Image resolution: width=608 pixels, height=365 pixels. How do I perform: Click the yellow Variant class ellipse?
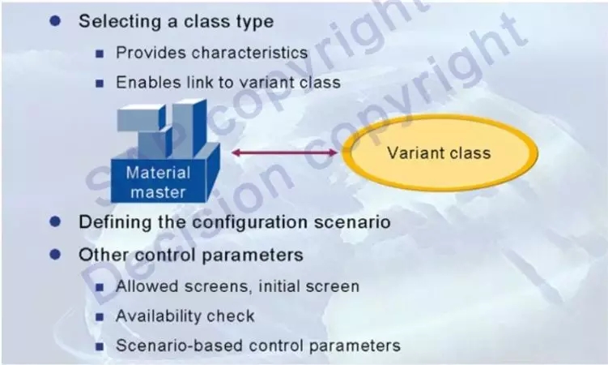[x=440, y=152]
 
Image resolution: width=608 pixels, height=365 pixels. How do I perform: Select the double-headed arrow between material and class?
[x=285, y=152]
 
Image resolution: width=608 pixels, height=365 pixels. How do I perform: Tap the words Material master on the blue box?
[x=158, y=182]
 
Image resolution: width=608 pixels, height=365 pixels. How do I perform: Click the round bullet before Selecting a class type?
[x=55, y=20]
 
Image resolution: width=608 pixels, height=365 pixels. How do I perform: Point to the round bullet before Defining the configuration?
[x=55, y=221]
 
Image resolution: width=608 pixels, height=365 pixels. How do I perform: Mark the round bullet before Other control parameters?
[x=55, y=255]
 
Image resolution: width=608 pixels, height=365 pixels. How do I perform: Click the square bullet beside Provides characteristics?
[x=100, y=54]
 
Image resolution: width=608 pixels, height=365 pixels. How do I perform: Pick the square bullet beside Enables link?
[x=100, y=83]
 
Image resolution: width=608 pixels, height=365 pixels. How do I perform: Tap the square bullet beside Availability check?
[x=100, y=317]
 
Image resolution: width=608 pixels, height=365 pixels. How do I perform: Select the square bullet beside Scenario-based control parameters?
[x=100, y=346]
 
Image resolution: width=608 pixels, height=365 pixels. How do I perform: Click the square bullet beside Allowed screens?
[x=100, y=287]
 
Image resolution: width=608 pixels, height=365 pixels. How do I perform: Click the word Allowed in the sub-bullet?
[x=147, y=286]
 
